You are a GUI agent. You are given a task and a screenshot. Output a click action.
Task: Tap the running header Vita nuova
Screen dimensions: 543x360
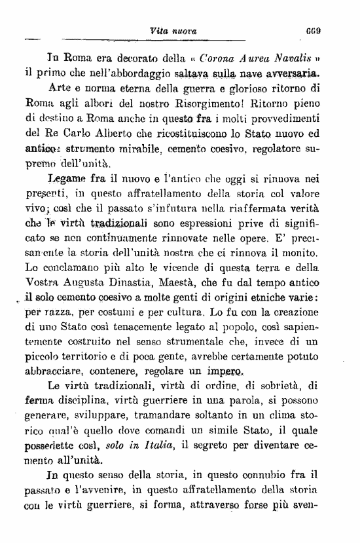[173, 30]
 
